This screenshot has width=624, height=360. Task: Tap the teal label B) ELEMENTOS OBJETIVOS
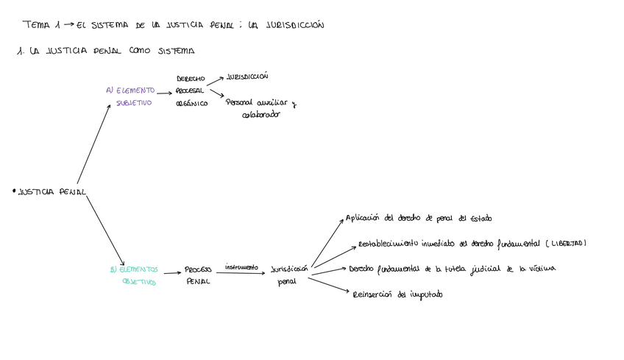click(x=134, y=275)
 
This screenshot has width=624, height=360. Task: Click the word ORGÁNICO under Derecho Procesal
click(x=191, y=104)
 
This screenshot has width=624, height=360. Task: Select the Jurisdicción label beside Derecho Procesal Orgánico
click(x=247, y=76)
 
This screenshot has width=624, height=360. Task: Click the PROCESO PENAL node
click(x=198, y=275)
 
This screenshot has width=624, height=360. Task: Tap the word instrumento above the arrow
click(x=242, y=267)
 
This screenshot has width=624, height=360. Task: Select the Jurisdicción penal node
click(x=288, y=275)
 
